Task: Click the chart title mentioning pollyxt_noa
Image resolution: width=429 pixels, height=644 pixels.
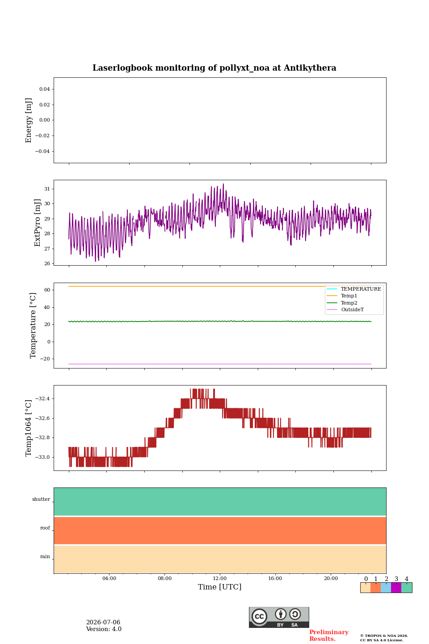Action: (214, 68)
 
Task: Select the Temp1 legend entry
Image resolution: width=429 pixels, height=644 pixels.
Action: (349, 296)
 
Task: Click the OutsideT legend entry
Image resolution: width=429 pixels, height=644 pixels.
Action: (352, 309)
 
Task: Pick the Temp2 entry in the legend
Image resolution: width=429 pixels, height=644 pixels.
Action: (349, 302)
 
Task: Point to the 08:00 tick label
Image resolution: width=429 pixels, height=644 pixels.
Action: (164, 578)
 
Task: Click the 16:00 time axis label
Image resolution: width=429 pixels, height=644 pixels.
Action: (275, 578)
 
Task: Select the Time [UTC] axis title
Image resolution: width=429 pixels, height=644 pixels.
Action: (219, 587)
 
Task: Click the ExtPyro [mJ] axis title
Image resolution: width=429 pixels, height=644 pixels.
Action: (37, 223)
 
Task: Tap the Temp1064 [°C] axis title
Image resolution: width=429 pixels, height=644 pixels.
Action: (28, 428)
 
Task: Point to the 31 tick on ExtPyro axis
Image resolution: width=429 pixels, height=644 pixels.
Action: (47, 189)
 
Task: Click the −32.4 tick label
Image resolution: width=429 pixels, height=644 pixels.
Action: (42, 398)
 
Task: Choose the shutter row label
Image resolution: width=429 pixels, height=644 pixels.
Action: (41, 499)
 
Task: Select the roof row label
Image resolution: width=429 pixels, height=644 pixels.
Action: (45, 528)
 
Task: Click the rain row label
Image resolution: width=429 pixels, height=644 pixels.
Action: (45, 556)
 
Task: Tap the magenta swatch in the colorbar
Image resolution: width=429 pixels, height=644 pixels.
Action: (396, 588)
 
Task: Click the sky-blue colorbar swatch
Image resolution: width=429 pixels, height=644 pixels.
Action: (386, 588)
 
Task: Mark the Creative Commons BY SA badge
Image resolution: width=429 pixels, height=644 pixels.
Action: (279, 617)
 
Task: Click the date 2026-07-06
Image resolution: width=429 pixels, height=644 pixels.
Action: (103, 622)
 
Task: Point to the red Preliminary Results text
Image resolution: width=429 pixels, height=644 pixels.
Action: (329, 635)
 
